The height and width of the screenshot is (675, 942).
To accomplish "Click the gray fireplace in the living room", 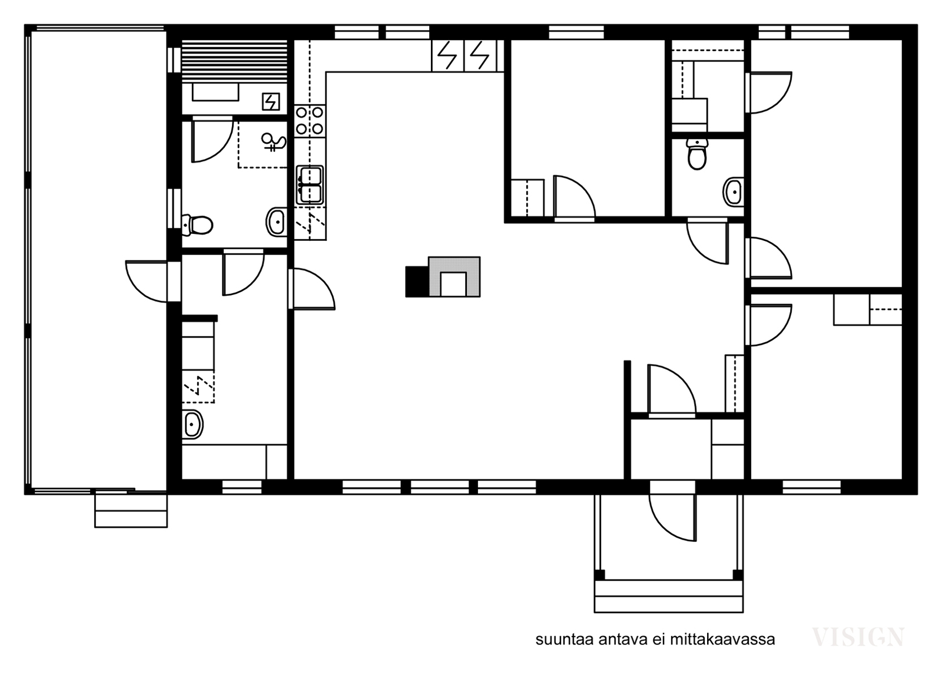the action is (454, 276).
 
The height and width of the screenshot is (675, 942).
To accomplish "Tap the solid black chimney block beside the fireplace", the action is (417, 282).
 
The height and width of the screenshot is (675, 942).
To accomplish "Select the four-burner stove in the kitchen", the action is (310, 121).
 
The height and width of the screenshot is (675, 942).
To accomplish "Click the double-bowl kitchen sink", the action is (310, 185).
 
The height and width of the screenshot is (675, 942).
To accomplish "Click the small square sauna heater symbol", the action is (271, 101).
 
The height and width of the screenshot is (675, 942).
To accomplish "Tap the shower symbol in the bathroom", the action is (274, 141).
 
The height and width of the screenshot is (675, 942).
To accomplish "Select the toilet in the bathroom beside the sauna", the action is (197, 225).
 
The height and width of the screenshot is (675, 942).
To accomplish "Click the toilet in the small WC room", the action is (697, 154).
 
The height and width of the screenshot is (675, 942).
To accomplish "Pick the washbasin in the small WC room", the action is (734, 192).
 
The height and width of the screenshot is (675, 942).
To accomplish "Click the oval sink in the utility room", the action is (193, 424).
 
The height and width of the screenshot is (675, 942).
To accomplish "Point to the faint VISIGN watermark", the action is (858, 637).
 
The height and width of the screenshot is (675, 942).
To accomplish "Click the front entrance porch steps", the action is (669, 596).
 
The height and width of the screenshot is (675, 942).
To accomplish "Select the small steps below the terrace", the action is (131, 510).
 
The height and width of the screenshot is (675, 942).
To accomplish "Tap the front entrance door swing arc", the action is (673, 517).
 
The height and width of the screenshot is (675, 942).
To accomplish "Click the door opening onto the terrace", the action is (147, 281).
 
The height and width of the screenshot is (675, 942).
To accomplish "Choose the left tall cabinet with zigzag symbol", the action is (448, 55).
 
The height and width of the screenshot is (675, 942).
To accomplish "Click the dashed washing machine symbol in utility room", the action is (198, 387).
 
